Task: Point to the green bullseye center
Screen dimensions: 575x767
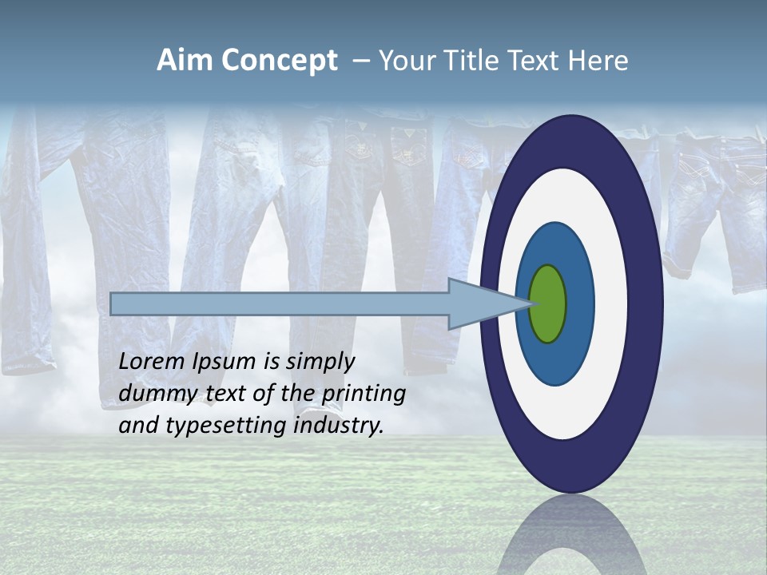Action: tap(547, 303)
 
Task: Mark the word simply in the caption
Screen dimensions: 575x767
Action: tap(320, 363)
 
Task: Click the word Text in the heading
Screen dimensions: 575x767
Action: tap(535, 61)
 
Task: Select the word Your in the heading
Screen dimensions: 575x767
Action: tap(404, 61)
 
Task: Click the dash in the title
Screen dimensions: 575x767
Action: tap(360, 61)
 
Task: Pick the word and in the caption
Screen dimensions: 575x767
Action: tap(137, 426)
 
